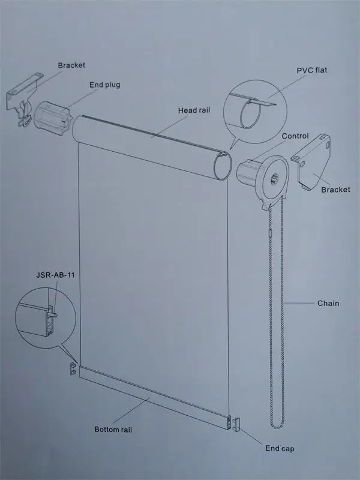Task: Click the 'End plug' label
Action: click(x=105, y=85)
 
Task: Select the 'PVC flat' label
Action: click(x=311, y=70)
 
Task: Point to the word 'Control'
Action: click(x=295, y=136)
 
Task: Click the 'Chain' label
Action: click(x=328, y=303)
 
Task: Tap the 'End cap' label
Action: click(x=280, y=448)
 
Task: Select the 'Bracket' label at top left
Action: click(x=72, y=65)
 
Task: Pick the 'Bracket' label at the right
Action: click(x=335, y=190)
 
